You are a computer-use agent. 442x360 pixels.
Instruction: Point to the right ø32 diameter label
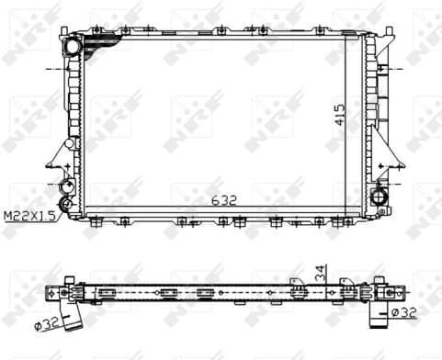(x=404, y=312)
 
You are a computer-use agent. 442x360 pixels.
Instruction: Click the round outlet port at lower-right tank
(x=380, y=196)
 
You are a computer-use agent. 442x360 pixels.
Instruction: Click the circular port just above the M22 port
(x=65, y=187)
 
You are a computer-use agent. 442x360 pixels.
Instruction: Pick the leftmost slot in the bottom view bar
(x=109, y=294)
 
